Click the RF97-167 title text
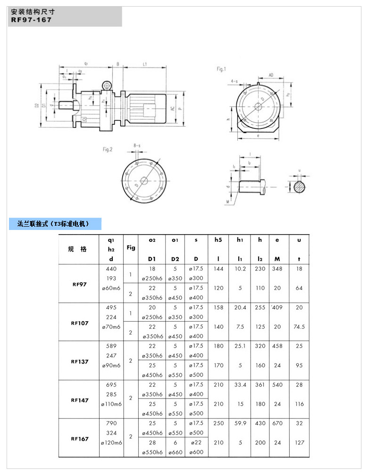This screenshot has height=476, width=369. [32, 20]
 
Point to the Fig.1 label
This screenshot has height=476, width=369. [221, 69]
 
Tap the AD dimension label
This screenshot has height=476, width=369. [271, 75]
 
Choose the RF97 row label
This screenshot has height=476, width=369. [80, 284]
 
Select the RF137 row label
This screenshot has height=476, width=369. [80, 362]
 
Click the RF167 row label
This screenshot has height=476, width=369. [80, 439]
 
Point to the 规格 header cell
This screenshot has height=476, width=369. [77, 249]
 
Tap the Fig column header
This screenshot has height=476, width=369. [131, 247]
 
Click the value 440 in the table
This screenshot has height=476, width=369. [111, 269]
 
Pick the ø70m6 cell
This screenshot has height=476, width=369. [111, 327]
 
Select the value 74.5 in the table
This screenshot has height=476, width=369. [299, 326]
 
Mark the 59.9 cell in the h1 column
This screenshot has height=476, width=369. [240, 424]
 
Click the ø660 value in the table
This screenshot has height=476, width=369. [175, 452]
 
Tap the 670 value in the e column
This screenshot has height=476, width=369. [277, 424]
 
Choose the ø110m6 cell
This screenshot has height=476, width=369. [111, 404]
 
